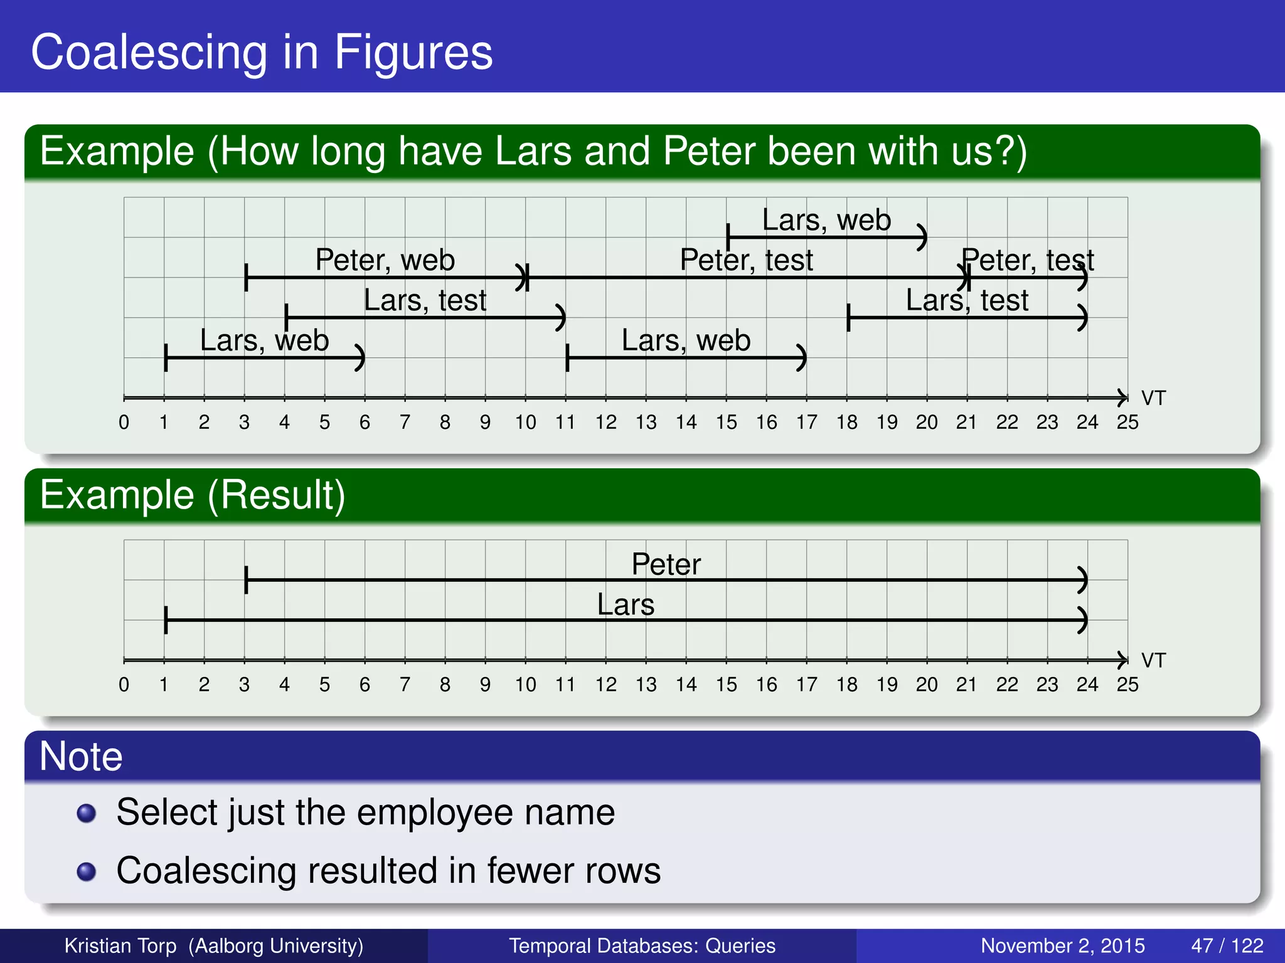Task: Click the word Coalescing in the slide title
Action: pos(149,53)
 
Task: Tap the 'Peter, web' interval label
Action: pos(385,260)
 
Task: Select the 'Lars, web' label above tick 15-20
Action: pos(826,220)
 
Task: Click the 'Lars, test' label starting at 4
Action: pos(425,300)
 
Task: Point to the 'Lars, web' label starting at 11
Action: pos(686,340)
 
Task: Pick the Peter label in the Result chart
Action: pos(666,564)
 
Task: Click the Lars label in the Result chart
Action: pos(626,605)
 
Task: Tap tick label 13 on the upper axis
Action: pos(646,423)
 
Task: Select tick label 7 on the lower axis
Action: pos(405,685)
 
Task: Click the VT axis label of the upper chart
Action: pos(1153,398)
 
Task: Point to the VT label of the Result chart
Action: pos(1153,660)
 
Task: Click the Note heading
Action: pos(81,756)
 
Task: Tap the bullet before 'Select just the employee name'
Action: pos(86,813)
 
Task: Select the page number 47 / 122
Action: pos(1227,945)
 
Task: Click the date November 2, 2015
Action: pos(1062,945)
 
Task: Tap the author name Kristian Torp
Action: pos(120,945)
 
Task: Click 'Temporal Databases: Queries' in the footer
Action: pos(642,945)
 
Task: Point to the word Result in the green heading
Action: pos(275,495)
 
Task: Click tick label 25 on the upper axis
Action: pos(1128,423)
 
